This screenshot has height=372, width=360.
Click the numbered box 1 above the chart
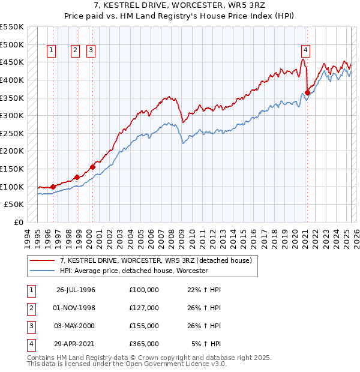click(x=51, y=51)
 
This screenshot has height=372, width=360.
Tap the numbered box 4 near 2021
click(x=305, y=51)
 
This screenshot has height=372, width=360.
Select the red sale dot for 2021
click(x=307, y=92)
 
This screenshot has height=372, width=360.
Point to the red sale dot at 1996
click(x=53, y=187)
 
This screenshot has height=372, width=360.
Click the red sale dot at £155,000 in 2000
click(x=92, y=167)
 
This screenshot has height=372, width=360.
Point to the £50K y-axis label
click(x=14, y=205)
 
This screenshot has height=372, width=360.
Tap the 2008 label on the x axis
click(x=172, y=237)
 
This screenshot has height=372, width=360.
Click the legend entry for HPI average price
click(x=134, y=271)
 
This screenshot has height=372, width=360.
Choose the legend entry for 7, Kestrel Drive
click(x=160, y=260)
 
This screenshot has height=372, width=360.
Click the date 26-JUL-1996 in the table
click(x=76, y=290)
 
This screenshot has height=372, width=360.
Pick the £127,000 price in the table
click(x=143, y=308)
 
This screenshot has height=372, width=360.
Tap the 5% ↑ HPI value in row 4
click(x=206, y=344)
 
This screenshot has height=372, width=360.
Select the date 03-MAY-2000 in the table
click(x=76, y=326)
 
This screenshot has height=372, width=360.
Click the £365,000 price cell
click(x=143, y=344)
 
